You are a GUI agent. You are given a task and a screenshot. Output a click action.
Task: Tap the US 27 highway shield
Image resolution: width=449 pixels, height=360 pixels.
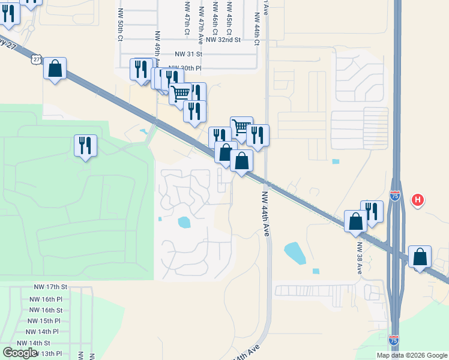coord(37,59)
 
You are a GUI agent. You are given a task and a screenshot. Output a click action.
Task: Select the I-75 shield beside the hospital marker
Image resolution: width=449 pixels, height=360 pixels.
coord(394,196)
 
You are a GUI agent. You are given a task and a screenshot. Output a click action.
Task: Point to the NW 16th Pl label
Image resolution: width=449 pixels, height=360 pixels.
coord(46,299)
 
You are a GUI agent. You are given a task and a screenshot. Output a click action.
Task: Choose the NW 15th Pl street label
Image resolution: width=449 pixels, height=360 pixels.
coord(46,320)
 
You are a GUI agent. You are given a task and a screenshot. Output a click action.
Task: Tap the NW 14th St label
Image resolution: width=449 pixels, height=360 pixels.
coord(34,343)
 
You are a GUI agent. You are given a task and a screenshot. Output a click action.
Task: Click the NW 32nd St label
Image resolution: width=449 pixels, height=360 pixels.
coord(223,40)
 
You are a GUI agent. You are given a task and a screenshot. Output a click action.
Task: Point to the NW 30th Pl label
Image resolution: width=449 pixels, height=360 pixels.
coord(183,68)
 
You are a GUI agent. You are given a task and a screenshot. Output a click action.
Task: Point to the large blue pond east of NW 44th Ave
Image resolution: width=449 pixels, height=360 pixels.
coord(295,253)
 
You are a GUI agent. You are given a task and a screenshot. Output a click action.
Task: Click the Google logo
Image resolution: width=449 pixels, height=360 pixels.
coord(20,353)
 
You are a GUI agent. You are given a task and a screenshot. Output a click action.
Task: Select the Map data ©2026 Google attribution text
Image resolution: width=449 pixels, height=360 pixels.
coord(412,355)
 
